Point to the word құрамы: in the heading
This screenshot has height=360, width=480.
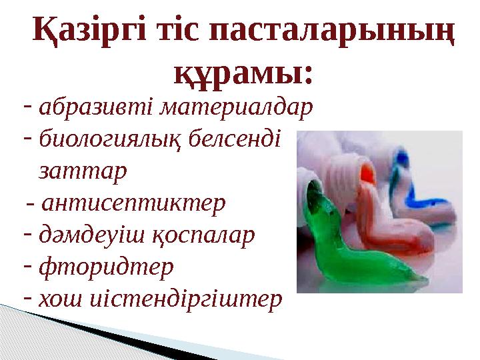[x=243, y=71]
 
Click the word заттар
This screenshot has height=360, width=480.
[x=83, y=171]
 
